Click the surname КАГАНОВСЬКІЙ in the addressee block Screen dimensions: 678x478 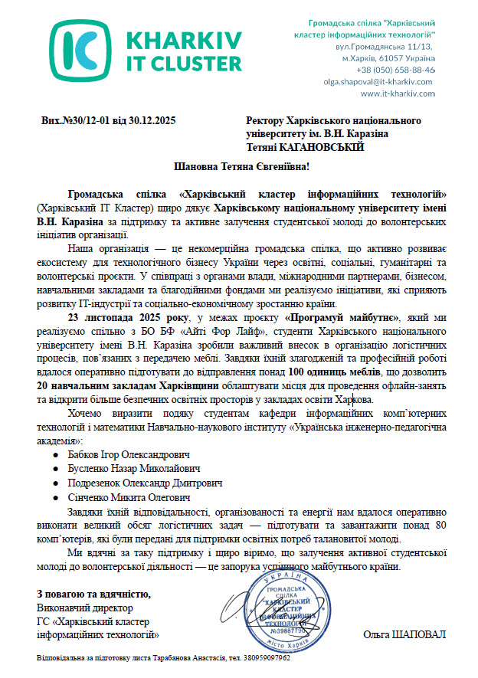321,146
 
